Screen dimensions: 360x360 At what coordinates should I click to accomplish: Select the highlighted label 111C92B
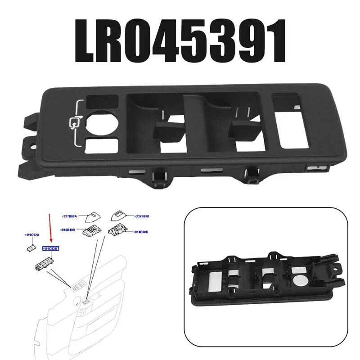click(50, 248)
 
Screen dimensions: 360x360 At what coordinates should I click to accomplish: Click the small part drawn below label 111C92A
click(31, 247)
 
